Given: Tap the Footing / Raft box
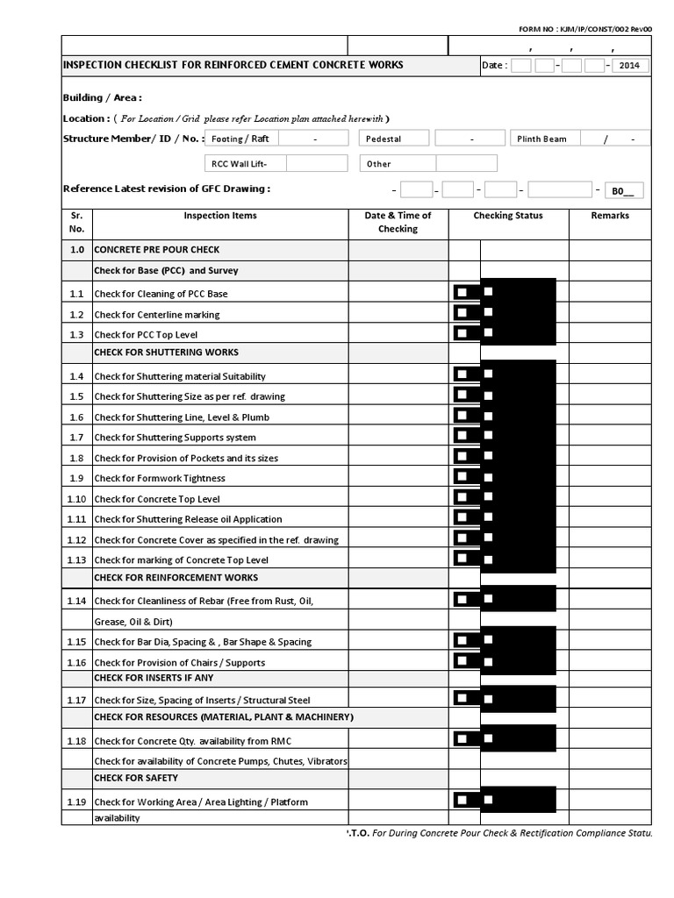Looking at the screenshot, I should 240,139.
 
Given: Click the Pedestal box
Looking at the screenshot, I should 393,139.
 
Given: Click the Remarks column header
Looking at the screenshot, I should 609,216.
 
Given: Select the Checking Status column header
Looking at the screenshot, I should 508,216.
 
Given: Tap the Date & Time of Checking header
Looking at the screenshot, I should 398,222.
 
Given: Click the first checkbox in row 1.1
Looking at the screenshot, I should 461,292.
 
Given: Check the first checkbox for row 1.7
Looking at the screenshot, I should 461,436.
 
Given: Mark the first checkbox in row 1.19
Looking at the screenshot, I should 461,800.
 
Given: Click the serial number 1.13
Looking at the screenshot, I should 76,559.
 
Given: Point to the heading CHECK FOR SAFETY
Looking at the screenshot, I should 136,778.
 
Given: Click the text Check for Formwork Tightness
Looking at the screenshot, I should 160,478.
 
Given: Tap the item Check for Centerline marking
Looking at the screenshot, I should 157,315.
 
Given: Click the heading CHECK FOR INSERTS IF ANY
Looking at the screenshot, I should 154,678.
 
